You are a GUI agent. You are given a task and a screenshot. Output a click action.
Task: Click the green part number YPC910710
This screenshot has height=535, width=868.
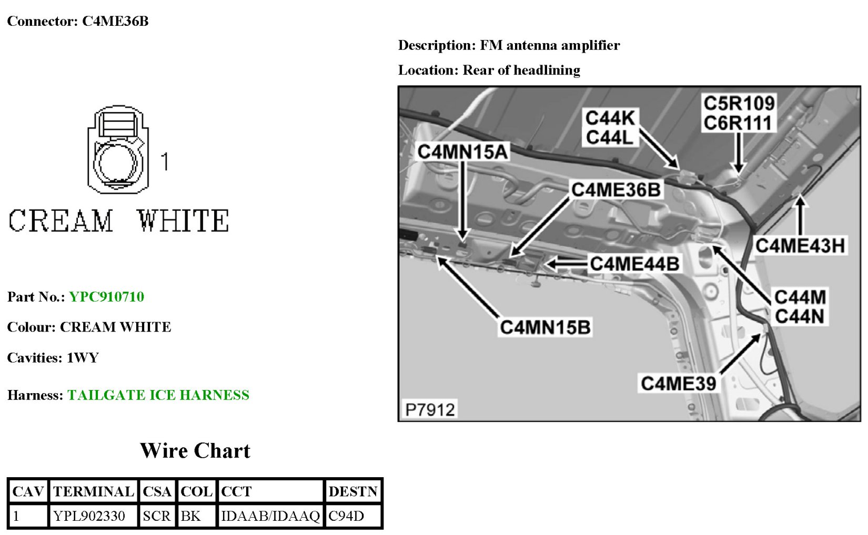tap(106, 297)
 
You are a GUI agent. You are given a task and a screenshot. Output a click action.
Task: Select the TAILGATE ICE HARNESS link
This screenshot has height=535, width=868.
tap(158, 395)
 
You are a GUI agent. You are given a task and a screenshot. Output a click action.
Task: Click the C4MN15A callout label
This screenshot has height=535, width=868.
tap(462, 152)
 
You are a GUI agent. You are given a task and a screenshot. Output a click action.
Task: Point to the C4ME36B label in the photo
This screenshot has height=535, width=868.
tap(615, 190)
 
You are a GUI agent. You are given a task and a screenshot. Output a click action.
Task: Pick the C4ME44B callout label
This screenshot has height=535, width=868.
tap(634, 263)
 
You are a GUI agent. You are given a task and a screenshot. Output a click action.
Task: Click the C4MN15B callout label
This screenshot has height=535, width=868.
tap(545, 327)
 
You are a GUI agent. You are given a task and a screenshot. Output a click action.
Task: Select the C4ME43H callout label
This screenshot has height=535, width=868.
tap(800, 245)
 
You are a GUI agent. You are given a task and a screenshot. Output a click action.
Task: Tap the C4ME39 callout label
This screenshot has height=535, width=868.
tap(678, 383)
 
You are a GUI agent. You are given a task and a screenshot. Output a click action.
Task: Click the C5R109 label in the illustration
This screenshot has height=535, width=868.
tap(739, 103)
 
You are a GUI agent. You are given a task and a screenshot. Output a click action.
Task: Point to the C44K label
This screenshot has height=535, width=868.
tap(610, 118)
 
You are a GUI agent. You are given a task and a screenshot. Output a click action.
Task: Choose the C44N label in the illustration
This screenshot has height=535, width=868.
tap(800, 317)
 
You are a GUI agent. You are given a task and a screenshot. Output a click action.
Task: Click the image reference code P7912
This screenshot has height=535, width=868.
tap(430, 409)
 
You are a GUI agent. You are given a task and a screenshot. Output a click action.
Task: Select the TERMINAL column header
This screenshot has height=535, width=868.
tap(94, 492)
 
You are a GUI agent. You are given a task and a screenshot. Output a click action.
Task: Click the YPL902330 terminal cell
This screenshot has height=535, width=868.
tap(89, 516)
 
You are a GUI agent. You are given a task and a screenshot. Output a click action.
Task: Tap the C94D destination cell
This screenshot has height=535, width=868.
tap(346, 516)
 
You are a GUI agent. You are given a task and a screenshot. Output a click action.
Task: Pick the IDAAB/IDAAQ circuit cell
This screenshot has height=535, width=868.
tap(270, 516)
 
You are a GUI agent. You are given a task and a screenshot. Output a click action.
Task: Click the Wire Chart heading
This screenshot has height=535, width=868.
tap(195, 451)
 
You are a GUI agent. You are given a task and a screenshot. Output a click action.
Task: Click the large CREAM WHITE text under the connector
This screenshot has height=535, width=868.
tap(118, 221)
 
